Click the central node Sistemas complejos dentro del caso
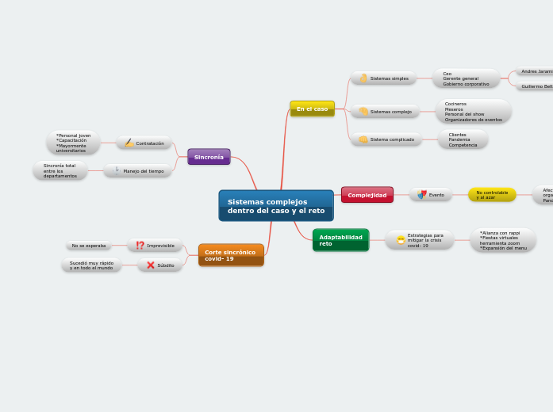click(x=276, y=206)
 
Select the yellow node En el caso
click(x=312, y=109)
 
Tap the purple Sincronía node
click(x=209, y=157)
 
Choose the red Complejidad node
click(x=367, y=195)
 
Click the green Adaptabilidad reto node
click(x=340, y=240)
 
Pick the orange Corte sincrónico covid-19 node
click(x=231, y=255)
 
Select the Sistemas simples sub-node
click(x=386, y=78)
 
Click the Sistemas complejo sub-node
click(x=386, y=112)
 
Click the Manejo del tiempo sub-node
click(x=138, y=170)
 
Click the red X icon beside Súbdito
click(x=150, y=265)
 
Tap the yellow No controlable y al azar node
click(x=492, y=195)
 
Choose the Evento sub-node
click(x=431, y=195)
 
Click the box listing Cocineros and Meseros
click(x=473, y=112)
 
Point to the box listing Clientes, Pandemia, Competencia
click(x=463, y=140)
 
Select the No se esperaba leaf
click(x=89, y=246)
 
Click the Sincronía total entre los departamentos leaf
click(x=60, y=170)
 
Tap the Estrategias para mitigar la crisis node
click(x=420, y=240)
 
